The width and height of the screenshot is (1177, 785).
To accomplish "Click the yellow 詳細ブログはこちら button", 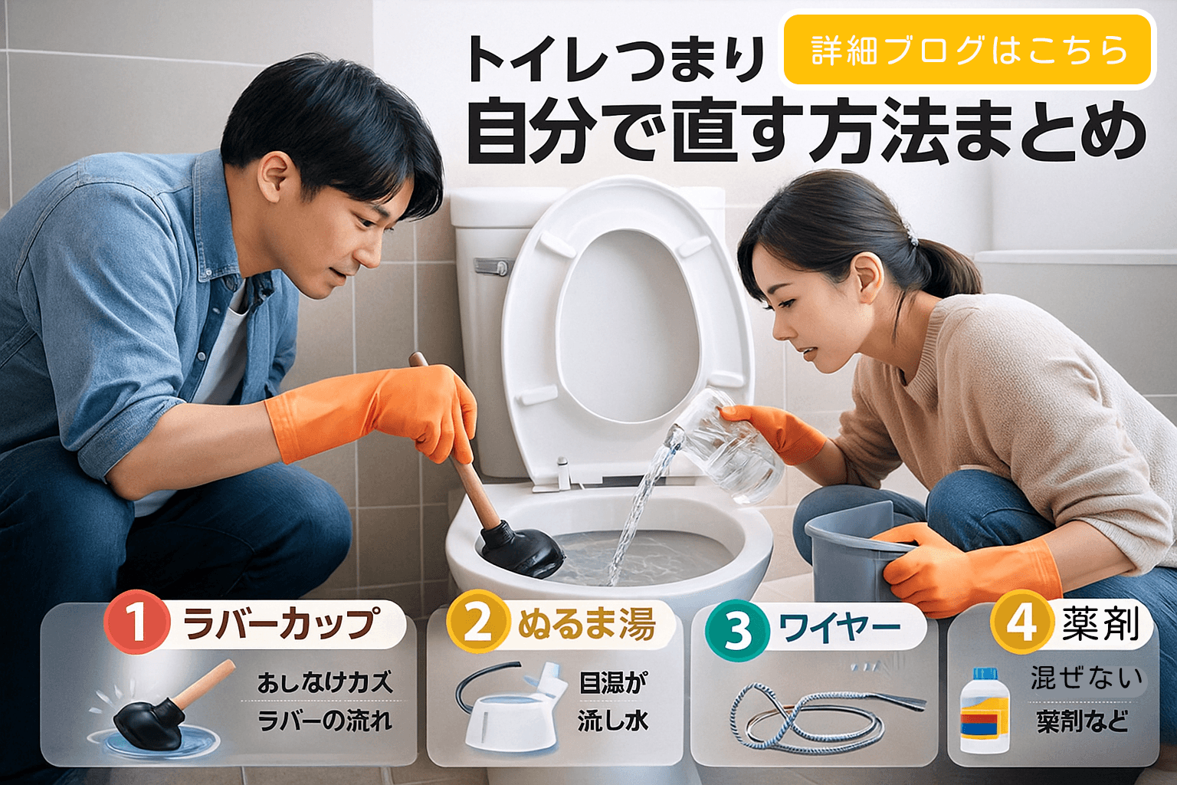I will pos(969,50).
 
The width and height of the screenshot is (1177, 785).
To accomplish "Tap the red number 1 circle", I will pos(136,622).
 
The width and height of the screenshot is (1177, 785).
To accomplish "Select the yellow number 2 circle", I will pos(477,622).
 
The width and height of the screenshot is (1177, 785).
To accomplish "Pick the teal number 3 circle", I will pos(736,630).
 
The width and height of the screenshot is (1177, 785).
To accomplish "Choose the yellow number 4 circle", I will pos(1020,622).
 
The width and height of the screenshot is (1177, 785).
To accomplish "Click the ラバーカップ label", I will pos(281,624).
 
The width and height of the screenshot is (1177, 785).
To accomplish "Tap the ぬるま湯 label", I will pos(587,624).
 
